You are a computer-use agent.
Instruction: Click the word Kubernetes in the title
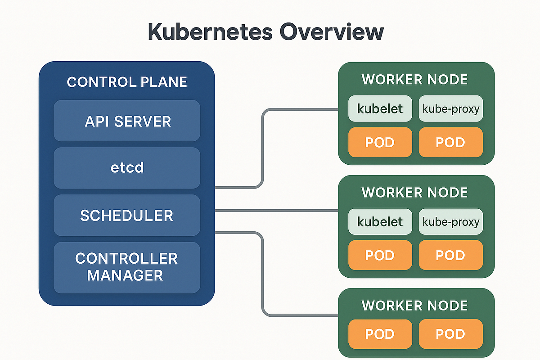[209, 33]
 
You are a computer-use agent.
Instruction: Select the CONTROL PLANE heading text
[126, 82]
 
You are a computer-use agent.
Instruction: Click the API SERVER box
[126, 121]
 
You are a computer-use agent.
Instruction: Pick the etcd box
[126, 168]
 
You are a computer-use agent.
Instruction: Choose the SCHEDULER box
[126, 215]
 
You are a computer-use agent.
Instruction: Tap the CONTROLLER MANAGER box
[126, 267]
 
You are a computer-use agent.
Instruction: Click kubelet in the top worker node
[380, 108]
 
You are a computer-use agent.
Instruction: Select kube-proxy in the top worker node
[450, 108]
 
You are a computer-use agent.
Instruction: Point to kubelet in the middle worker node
[380, 221]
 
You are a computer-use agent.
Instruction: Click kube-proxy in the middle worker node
[450, 221]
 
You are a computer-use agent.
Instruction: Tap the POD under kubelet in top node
[380, 142]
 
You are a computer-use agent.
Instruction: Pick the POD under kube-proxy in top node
[450, 142]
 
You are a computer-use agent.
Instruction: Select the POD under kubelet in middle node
[380, 255]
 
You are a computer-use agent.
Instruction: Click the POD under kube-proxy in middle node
[450, 255]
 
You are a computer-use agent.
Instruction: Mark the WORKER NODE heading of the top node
[415, 80]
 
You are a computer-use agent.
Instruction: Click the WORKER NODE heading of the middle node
[415, 193]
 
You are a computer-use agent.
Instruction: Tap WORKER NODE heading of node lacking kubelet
[415, 306]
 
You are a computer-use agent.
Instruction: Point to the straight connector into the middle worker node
[277, 210]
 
